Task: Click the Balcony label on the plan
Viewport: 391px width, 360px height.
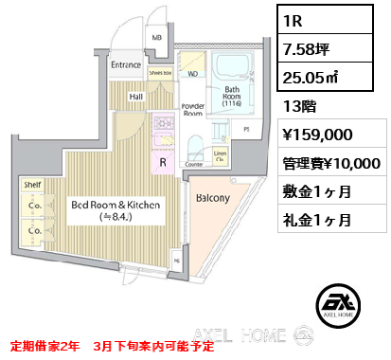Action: pyautogui.click(x=212, y=199)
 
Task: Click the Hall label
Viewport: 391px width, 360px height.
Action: pyautogui.click(x=136, y=95)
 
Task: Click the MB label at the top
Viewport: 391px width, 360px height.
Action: pyautogui.click(x=157, y=38)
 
